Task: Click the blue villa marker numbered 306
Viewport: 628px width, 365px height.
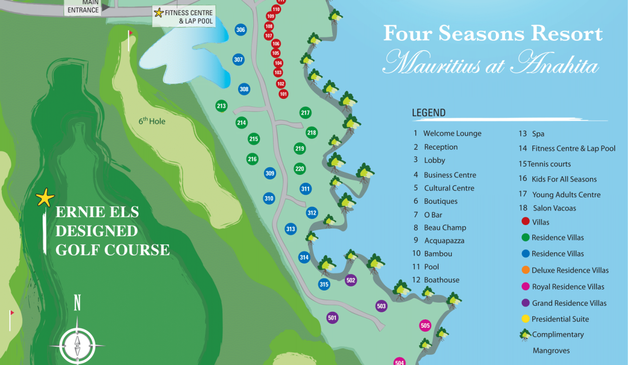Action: point(241,30)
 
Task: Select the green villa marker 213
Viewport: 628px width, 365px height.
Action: point(221,106)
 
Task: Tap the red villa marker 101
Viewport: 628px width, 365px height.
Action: point(284,94)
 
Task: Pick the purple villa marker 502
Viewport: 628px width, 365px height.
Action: point(351,280)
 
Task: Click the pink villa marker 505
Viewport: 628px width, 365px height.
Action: point(425,325)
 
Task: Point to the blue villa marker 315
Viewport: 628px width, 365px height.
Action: point(324,284)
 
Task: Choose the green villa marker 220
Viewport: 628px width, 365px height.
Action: point(300,169)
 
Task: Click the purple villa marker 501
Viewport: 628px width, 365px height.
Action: point(332,318)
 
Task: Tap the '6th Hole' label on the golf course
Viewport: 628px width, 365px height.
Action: point(152,121)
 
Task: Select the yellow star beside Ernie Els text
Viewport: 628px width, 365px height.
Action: point(45,198)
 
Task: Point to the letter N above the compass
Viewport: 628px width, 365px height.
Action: point(77,303)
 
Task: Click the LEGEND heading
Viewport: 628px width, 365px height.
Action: point(428,113)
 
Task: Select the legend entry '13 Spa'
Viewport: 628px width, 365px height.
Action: point(531,134)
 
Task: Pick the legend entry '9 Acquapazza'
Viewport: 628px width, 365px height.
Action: point(438,241)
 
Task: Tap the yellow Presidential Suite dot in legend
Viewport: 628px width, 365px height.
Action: point(525,319)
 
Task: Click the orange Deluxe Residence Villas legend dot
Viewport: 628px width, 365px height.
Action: point(525,270)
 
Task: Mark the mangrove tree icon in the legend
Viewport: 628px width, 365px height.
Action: point(525,335)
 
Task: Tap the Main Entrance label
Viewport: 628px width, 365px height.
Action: point(83,7)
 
